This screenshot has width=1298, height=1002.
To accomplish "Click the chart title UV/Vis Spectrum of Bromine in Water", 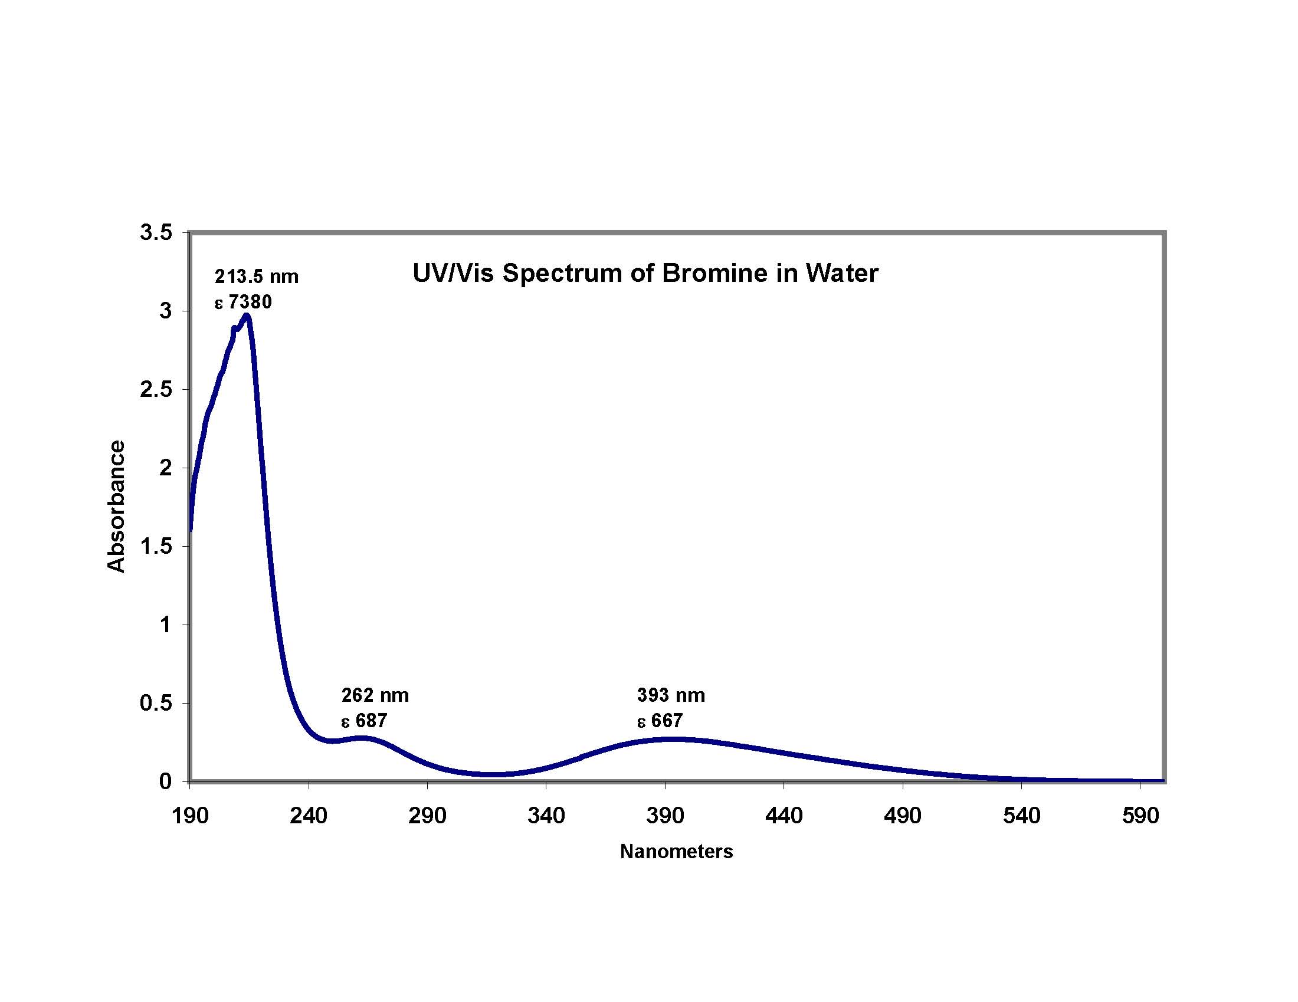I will [645, 274].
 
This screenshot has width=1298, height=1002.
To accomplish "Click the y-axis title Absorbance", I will [116, 506].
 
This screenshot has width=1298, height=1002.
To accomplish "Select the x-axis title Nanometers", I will [676, 852].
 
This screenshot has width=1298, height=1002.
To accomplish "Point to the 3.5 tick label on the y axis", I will [156, 233].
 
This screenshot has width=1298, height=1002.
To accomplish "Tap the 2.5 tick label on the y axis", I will [156, 390].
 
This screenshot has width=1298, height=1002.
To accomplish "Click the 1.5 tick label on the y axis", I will [156, 547].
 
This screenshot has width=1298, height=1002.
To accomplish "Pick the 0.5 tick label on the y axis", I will [156, 703].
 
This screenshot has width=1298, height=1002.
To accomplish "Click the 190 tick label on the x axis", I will [189, 816].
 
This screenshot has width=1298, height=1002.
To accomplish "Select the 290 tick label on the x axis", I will [427, 816].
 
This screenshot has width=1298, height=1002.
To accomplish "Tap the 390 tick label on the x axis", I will [665, 816].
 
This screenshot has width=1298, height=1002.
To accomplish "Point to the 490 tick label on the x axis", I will [903, 816].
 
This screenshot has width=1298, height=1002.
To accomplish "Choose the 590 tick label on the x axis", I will [1140, 816].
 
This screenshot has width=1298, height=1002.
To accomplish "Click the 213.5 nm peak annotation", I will [257, 277].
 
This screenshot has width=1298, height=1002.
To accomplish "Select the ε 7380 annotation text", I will [244, 303].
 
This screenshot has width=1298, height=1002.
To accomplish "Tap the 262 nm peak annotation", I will [375, 695].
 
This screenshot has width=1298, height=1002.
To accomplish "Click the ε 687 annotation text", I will [364, 721].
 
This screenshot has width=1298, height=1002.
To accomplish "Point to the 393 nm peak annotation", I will [671, 695].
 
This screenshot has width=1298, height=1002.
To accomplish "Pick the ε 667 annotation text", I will [660, 721].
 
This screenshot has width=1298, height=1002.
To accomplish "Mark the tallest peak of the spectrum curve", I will [246, 316].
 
